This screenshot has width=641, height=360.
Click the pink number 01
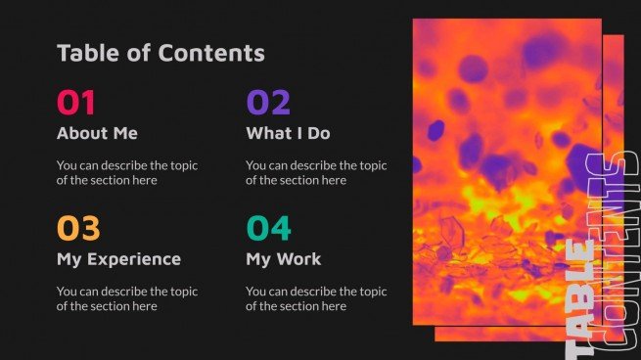(76, 102)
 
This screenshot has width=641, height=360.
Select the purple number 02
(268, 102)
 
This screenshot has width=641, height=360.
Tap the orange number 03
(78, 228)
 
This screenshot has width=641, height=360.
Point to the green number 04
(268, 228)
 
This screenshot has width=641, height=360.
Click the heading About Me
(97, 133)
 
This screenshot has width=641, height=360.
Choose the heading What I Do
(288, 133)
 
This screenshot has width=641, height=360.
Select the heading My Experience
(118, 259)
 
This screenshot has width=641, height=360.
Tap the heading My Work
(283, 259)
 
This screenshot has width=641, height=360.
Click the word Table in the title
(85, 53)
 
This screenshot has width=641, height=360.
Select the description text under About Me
(127, 173)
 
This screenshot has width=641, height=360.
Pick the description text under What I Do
(316, 173)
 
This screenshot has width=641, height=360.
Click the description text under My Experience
(127, 298)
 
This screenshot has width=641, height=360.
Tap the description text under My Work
(316, 298)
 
